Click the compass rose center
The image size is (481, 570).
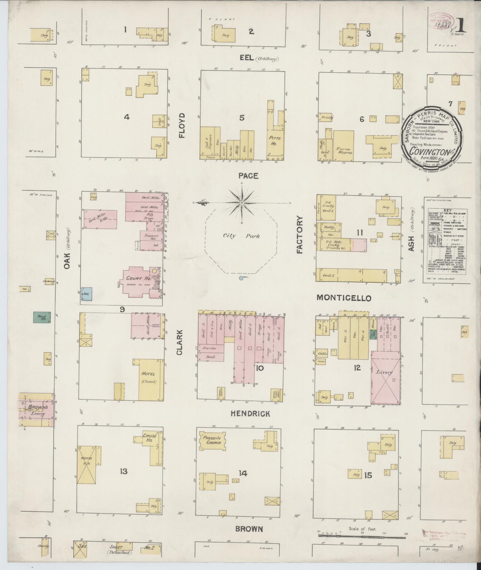click(x=242, y=203)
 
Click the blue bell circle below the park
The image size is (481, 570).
click(x=241, y=278)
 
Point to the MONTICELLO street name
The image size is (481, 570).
click(x=344, y=298)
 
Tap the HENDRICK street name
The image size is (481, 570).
click(x=250, y=414)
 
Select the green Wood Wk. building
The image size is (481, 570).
click(x=42, y=317)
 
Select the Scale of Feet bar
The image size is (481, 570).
click(x=362, y=535)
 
